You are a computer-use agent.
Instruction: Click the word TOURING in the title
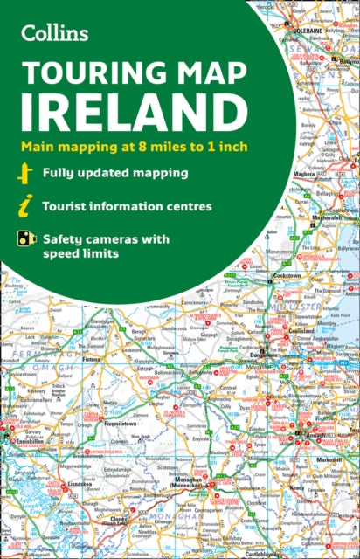[83, 74]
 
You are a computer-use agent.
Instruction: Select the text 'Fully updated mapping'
[117, 173]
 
